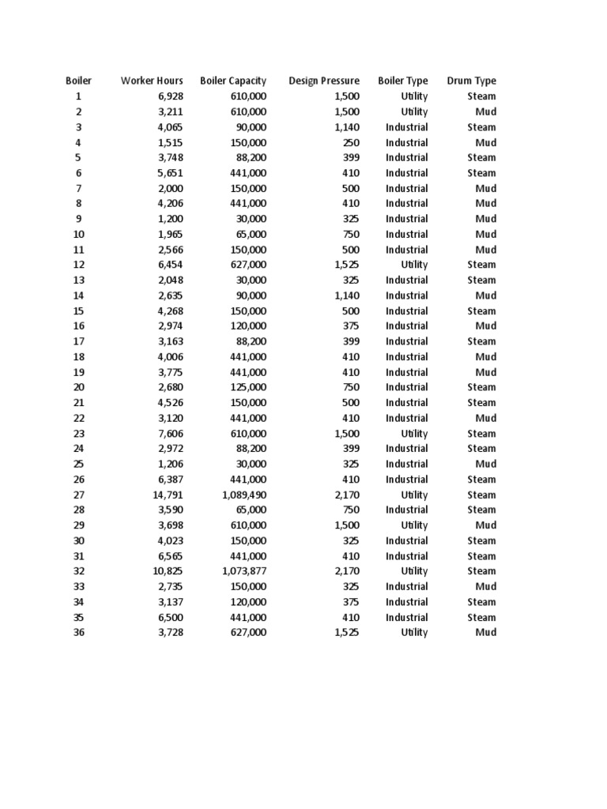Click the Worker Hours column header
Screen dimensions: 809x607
[x=152, y=81]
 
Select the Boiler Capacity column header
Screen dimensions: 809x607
[x=233, y=81]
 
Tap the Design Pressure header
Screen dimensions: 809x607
[x=324, y=81]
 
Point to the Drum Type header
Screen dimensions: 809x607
[x=471, y=81]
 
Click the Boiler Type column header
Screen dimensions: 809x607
[x=403, y=81]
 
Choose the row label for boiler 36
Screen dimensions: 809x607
[x=78, y=632]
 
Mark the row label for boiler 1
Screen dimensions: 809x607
[x=78, y=96]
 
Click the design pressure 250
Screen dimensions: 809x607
[x=351, y=142]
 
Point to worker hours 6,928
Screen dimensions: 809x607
[x=170, y=96]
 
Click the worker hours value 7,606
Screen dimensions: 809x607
[x=170, y=433]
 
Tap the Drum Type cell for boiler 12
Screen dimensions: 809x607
[x=481, y=265]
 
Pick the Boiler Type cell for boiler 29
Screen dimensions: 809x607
[x=414, y=525]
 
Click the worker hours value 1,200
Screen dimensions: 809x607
[x=170, y=219]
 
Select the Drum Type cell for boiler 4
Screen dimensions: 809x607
[x=485, y=142]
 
